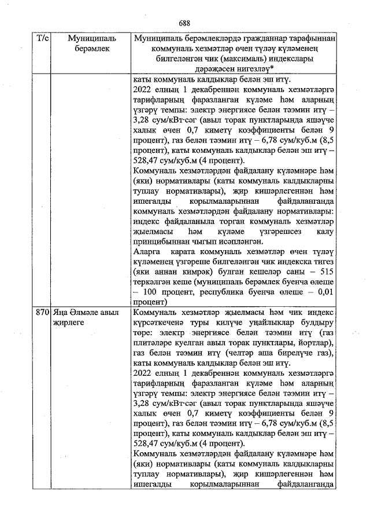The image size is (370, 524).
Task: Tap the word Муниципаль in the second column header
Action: point(91,38)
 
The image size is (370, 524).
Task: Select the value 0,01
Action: point(324,291)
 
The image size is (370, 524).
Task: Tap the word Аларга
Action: point(147,251)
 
